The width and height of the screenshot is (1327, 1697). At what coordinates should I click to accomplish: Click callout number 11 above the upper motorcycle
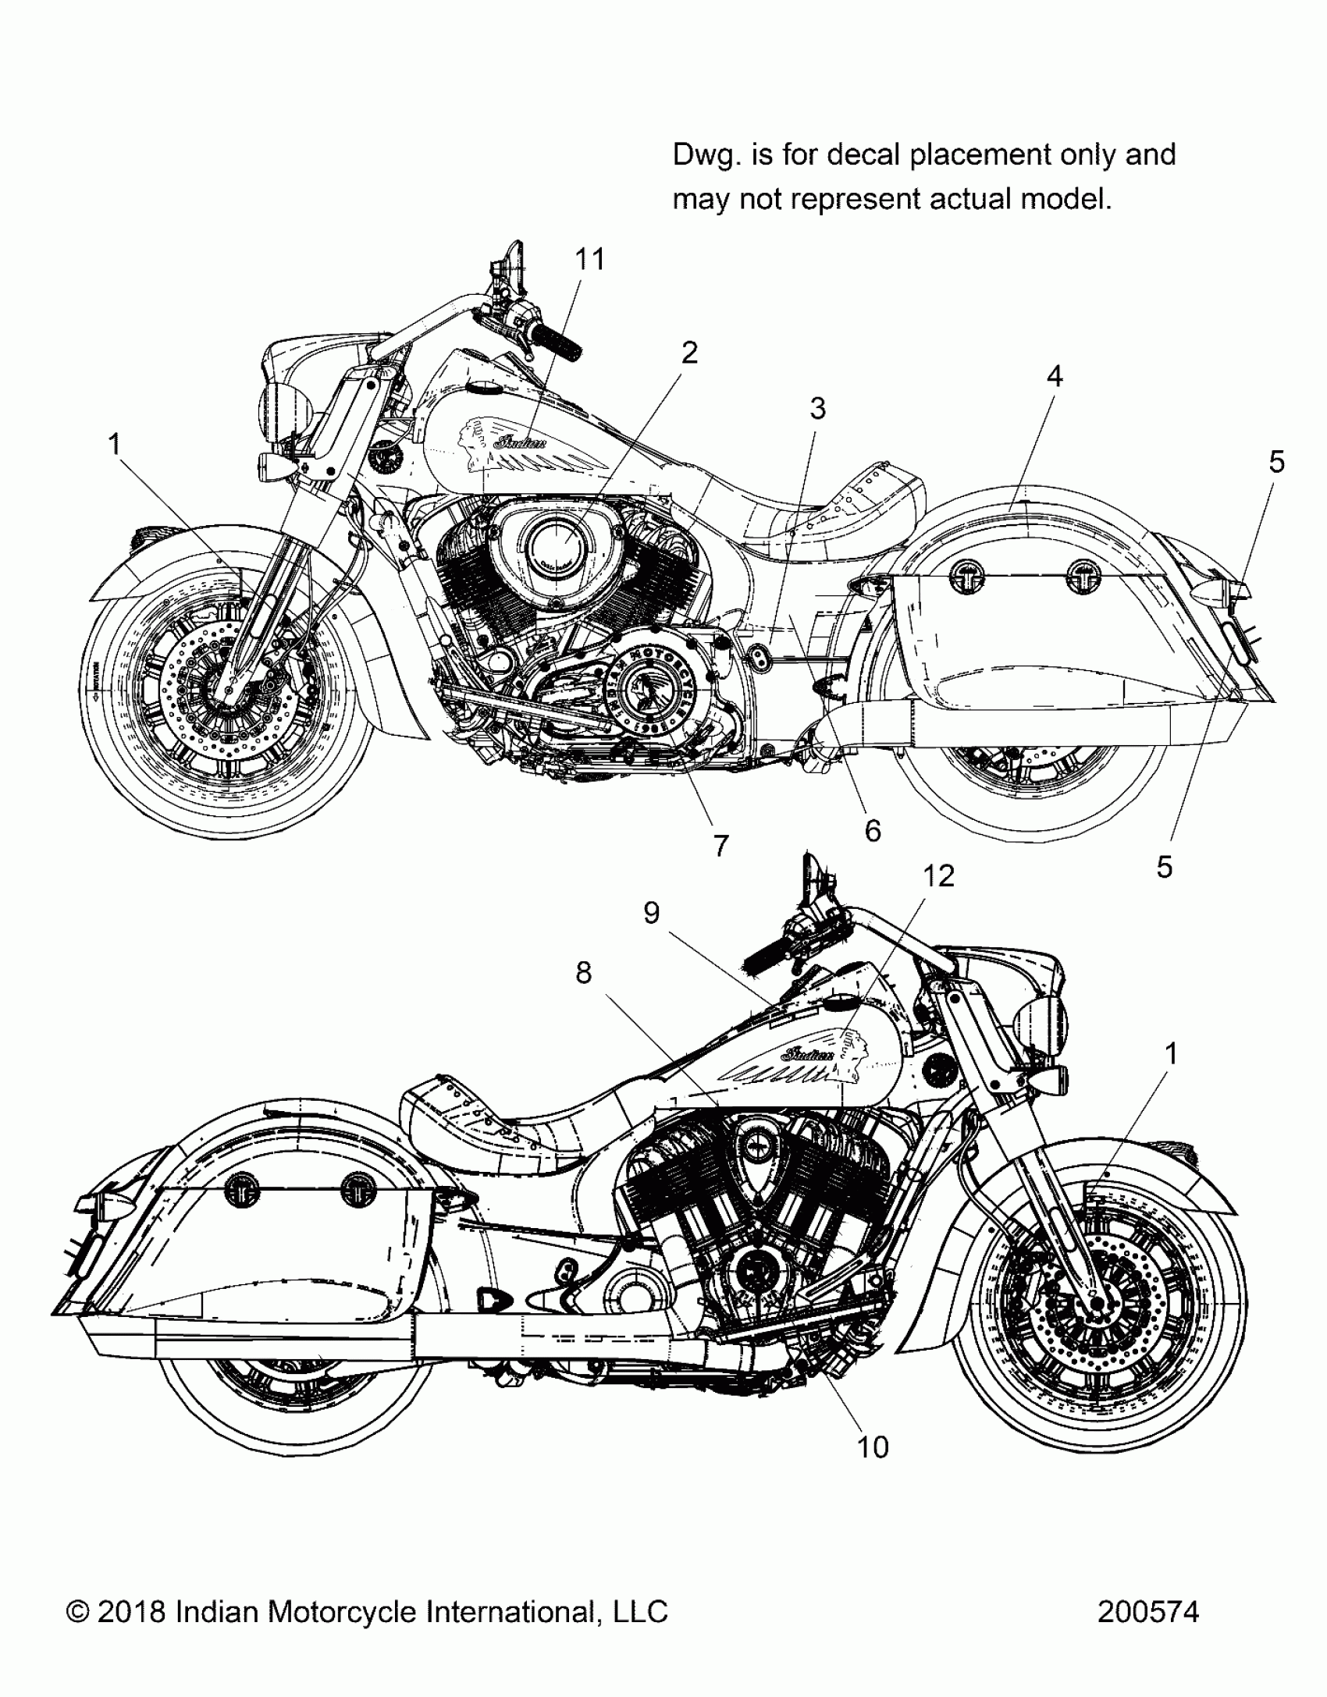tap(590, 259)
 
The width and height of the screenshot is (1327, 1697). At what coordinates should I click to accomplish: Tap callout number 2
tap(689, 353)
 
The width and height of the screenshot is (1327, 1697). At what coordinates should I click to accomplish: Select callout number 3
tap(817, 408)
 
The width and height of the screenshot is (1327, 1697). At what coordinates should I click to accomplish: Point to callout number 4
tap(1055, 377)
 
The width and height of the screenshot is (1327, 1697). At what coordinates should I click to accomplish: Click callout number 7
tap(720, 845)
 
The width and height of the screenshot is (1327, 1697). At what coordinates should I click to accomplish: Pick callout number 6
tap(873, 831)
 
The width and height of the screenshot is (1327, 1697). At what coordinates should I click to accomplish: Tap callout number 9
tap(652, 913)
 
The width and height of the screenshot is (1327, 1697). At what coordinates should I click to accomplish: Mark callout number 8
tap(584, 973)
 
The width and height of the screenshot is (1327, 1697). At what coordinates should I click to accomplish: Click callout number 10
tap(873, 1447)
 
